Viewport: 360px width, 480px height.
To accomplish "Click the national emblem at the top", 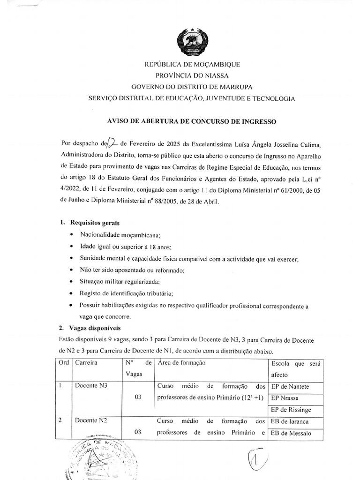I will pyautogui.click(x=192, y=43).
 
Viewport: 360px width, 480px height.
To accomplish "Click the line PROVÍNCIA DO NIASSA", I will pyautogui.click(x=192, y=75).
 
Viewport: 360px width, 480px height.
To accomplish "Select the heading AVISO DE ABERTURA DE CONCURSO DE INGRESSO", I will pyautogui.click(x=192, y=121).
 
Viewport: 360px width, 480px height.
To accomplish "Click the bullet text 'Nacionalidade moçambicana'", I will pyautogui.click(x=120, y=235).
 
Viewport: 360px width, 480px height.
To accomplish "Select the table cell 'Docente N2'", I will pyautogui.click(x=91, y=420).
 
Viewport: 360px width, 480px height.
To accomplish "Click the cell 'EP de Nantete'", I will pyautogui.click(x=290, y=387).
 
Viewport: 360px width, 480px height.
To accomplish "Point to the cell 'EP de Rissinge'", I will pyautogui.click(x=291, y=409).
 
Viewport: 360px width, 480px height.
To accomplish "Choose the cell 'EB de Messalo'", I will pyautogui.click(x=291, y=433).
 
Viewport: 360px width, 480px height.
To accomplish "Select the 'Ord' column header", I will pyautogui.click(x=63, y=363).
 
